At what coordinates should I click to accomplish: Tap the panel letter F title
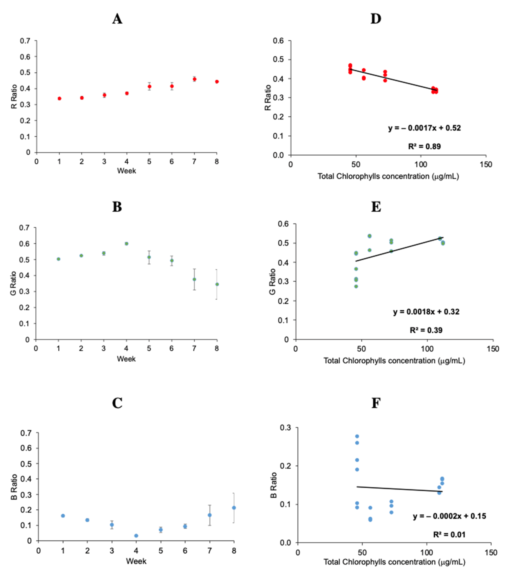pyautogui.click(x=376, y=403)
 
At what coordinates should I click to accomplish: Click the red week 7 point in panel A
pyautogui.click(x=194, y=79)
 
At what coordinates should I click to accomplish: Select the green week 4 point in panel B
pyautogui.click(x=126, y=243)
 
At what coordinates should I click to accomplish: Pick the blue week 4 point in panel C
pyautogui.click(x=136, y=535)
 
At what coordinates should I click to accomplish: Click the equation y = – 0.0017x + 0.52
pyautogui.click(x=424, y=128)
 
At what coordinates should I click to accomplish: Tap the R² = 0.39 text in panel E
pyautogui.click(x=426, y=330)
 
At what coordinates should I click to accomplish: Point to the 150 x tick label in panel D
pyautogui.click(x=486, y=165)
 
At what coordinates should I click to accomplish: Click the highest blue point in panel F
pyautogui.click(x=357, y=436)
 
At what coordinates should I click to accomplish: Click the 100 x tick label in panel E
pyautogui.click(x=427, y=349)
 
